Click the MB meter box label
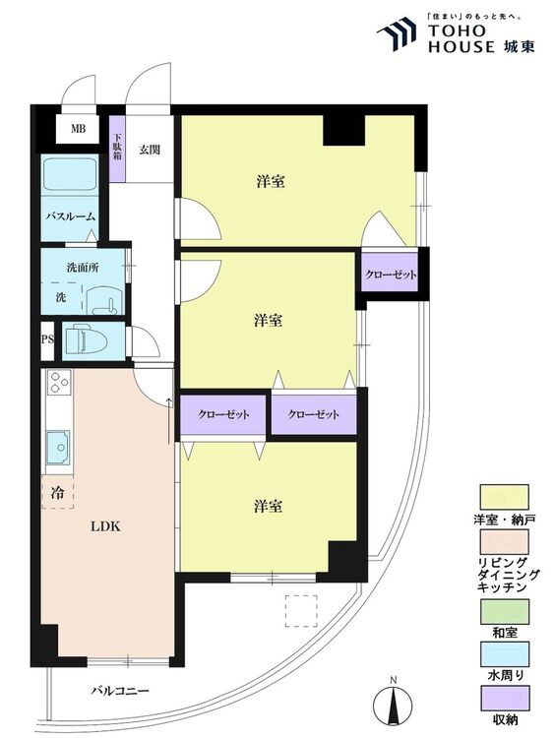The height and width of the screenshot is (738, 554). coord(78,128)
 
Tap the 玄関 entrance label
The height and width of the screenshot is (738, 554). coord(150,150)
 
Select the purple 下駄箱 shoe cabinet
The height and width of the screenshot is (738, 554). coord(118,149)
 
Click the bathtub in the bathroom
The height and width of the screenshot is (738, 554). coord(70,174)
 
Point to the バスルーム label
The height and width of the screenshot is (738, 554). coord(70,217)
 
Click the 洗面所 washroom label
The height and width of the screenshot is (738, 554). coord(83,268)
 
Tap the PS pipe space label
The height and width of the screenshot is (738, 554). coord(47,338)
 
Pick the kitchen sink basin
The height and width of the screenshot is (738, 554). coord(58,447)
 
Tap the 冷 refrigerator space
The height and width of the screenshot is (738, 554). coord(58,492)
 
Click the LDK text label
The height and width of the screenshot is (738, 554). coord(105,526)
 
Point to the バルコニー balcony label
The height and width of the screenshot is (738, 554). coord(120,691)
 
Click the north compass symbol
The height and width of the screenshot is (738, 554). coord(393,703)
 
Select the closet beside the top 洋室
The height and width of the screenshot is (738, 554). coord(391,274)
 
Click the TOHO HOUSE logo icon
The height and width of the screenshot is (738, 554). coord(397,33)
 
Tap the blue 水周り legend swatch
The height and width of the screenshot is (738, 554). coord(504,654)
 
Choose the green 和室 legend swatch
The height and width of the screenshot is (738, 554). coord(504,611)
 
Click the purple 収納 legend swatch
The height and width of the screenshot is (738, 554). coord(504,698)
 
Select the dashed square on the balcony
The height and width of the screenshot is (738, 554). coord(301,611)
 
